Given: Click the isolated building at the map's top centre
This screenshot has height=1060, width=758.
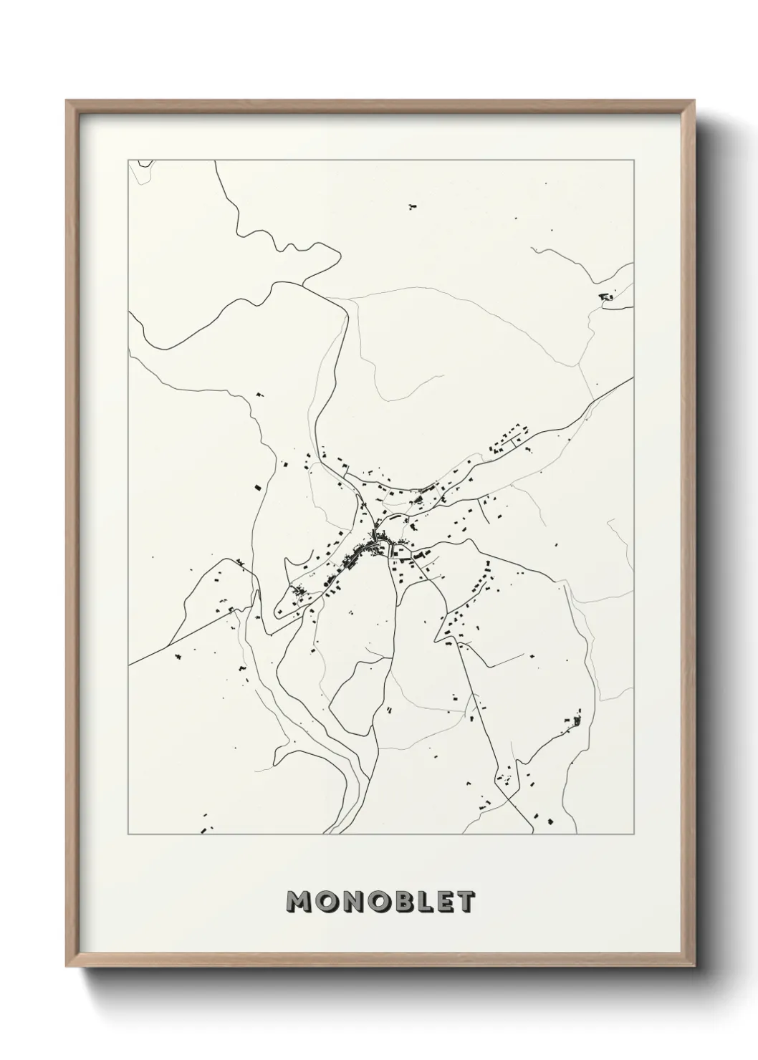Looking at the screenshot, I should pyautogui.click(x=412, y=206).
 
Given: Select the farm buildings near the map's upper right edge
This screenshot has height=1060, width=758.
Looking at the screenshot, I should pyautogui.click(x=608, y=295).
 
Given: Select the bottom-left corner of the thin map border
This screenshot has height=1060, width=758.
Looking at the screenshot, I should pyautogui.click(x=128, y=835).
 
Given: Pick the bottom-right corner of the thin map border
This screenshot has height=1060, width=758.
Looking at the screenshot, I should pyautogui.click(x=634, y=835).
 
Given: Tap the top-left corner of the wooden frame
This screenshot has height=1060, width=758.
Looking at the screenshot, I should pyautogui.click(x=66, y=100).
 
